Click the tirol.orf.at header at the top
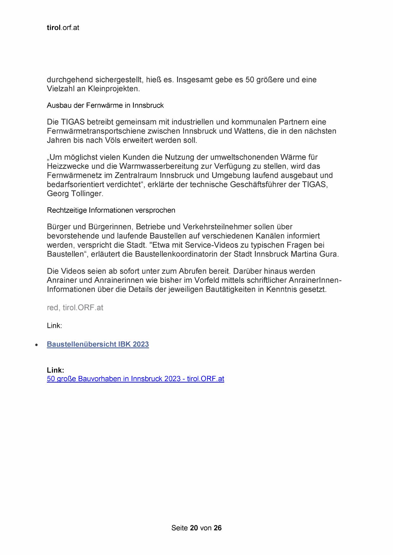point(63,28)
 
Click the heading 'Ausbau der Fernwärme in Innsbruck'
point(105,105)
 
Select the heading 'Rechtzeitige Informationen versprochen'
point(111,210)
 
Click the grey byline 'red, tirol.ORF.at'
point(75,308)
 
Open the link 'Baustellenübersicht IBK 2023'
point(98,344)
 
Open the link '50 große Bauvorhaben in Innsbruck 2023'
point(135,379)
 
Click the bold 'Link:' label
point(55,370)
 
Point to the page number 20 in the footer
point(194,528)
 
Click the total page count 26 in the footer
point(218,528)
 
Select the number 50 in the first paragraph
point(250,79)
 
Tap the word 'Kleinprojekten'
point(113,89)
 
